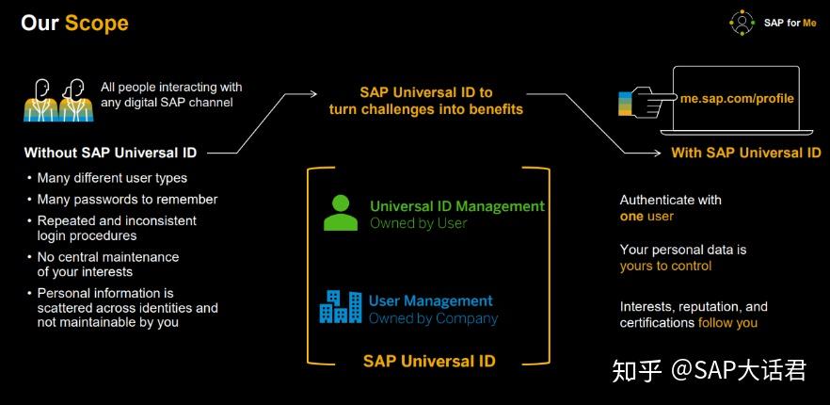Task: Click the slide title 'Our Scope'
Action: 74,22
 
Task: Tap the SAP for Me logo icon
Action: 742,23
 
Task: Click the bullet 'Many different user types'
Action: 112,177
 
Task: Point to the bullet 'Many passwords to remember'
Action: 127,199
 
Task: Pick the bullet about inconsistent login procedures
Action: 117,227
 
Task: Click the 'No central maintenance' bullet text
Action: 107,256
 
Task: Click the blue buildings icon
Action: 340,307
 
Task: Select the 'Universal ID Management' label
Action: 456,206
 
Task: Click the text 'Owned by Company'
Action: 433,318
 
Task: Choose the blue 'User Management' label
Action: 430,300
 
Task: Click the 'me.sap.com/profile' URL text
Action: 737,98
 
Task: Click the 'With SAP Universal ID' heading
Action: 745,153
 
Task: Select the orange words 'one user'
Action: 646,216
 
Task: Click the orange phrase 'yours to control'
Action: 665,266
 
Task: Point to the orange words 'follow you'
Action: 727,323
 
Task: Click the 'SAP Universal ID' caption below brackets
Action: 429,361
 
